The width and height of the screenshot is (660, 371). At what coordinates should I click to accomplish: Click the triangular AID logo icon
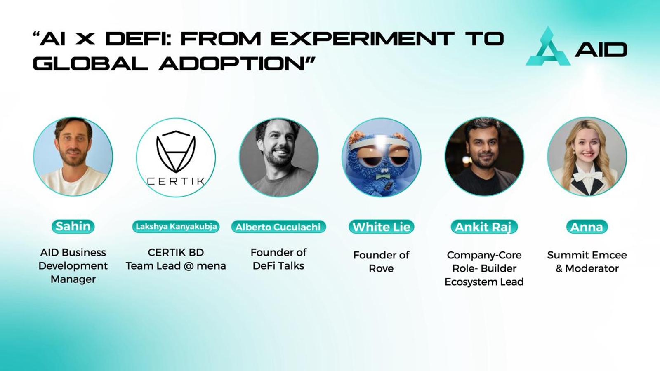coord(548,47)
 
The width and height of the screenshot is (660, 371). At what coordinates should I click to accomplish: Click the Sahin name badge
coord(73,226)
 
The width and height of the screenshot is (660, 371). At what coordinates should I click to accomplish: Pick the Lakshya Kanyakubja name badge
coord(176,227)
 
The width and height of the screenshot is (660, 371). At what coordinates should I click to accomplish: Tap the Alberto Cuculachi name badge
coord(278,227)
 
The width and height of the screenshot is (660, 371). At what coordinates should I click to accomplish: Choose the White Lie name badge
coord(381,227)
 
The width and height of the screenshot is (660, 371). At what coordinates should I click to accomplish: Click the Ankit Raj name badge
coord(484,227)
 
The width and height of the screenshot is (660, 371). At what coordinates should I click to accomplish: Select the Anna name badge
coord(587,227)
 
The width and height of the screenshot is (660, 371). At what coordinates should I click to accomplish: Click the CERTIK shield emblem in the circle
coord(176,152)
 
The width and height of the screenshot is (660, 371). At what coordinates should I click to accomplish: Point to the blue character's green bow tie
coord(382,177)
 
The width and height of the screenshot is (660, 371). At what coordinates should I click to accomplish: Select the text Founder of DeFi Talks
coord(278,259)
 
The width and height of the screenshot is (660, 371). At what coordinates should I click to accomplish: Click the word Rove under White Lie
coord(381,268)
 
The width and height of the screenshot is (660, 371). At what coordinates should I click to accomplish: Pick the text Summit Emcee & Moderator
coord(587,262)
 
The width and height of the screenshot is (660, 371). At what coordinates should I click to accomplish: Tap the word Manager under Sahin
coord(73,279)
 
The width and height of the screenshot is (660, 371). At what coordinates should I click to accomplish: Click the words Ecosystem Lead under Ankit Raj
coord(484,282)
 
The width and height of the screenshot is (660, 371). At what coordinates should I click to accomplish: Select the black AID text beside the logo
coord(601,49)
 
